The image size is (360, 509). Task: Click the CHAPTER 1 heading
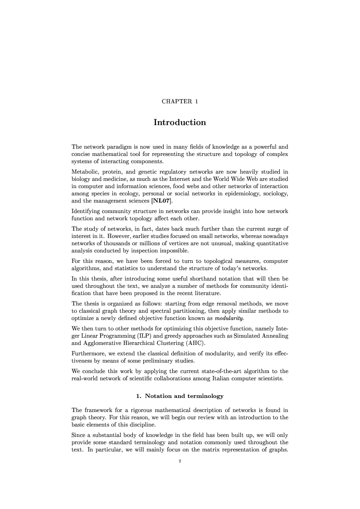(180, 101)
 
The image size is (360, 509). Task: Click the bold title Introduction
(180, 122)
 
